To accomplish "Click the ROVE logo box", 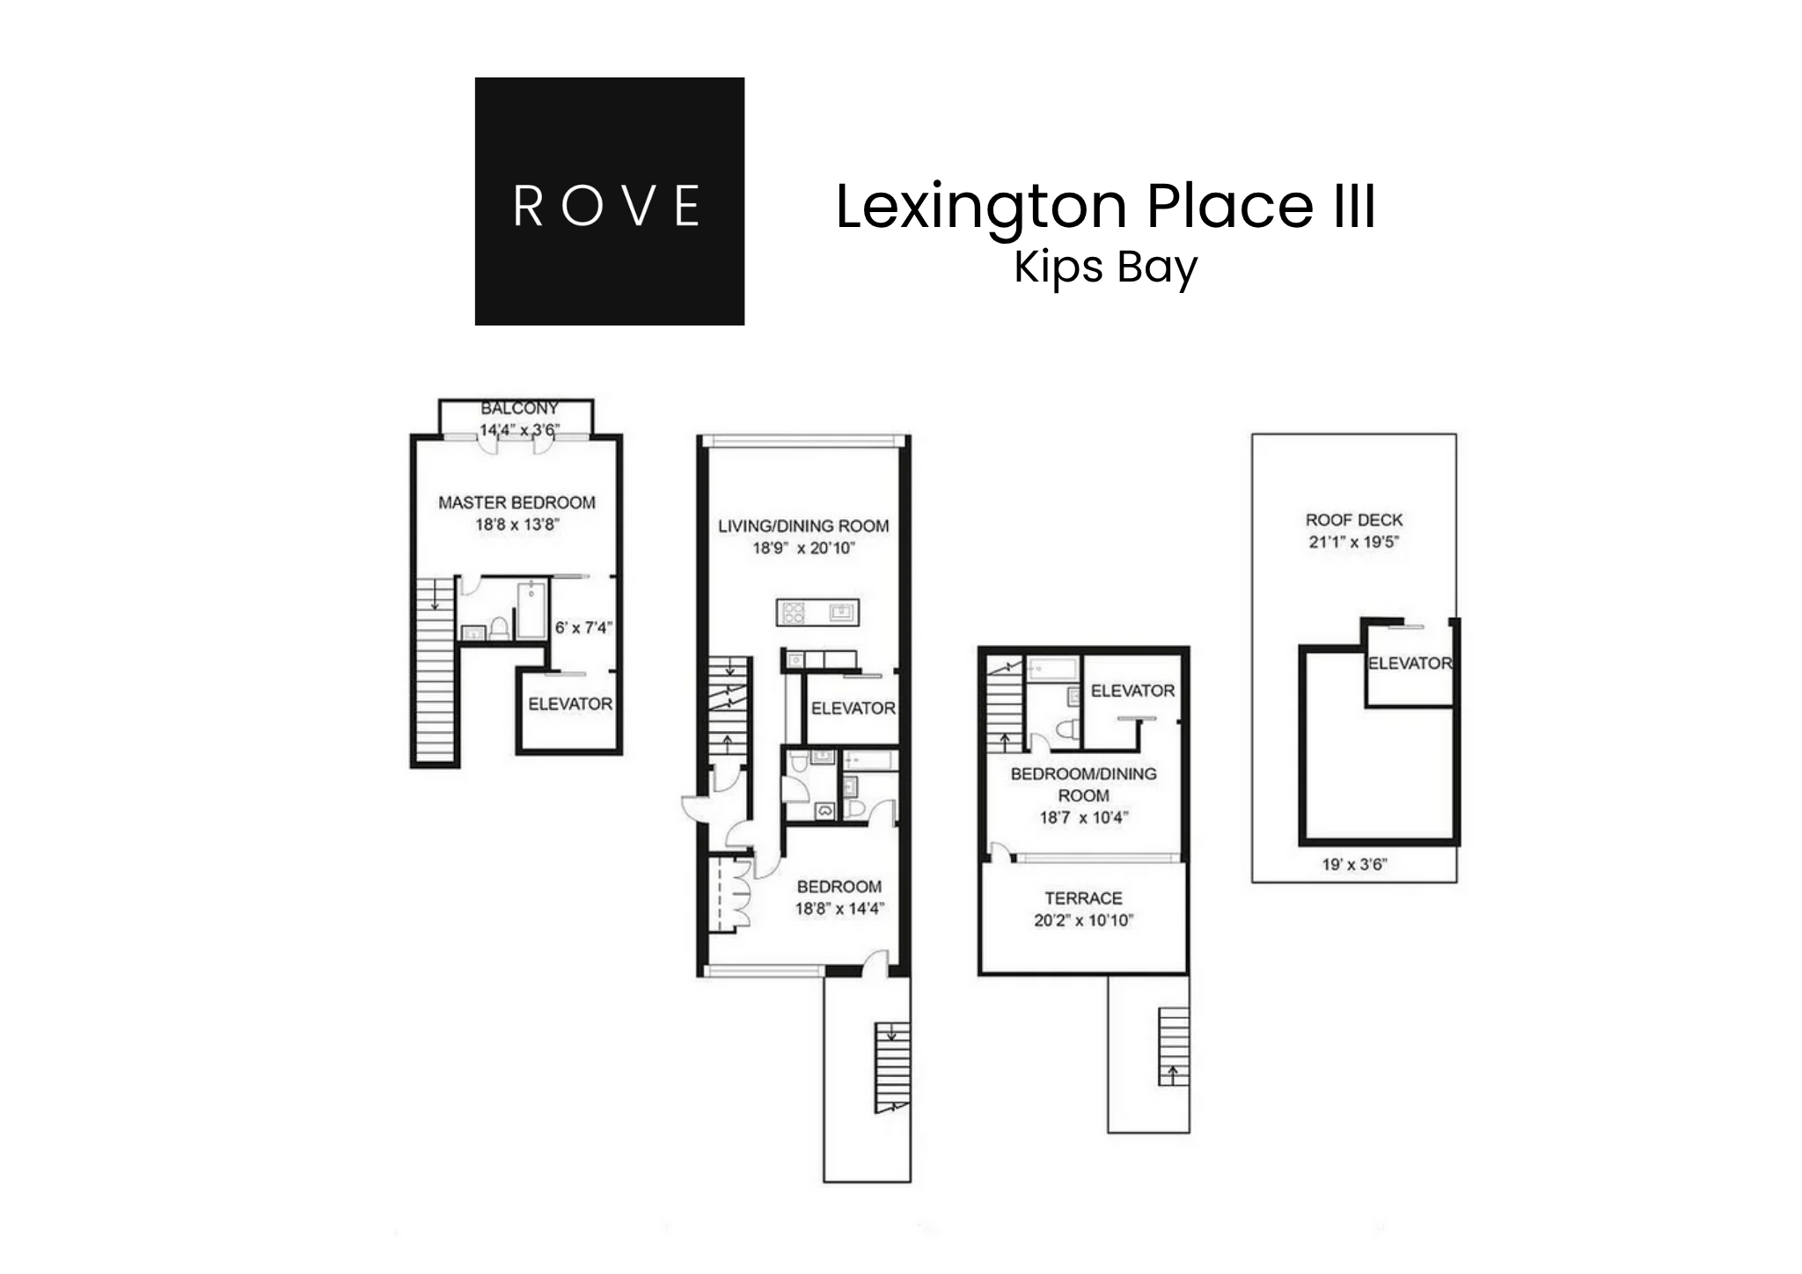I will click(x=609, y=201).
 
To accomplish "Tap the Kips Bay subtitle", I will click(x=1105, y=267).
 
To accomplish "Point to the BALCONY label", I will click(x=519, y=409).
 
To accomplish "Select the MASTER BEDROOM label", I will click(x=516, y=503).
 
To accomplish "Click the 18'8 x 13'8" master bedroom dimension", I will click(x=516, y=525).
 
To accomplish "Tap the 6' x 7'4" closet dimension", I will click(x=582, y=628).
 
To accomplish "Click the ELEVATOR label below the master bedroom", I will click(x=569, y=704).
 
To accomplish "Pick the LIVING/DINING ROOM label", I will click(x=803, y=526).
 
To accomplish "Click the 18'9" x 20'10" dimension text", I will click(x=803, y=548).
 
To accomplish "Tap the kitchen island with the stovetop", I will click(x=817, y=611).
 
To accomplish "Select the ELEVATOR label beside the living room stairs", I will click(x=853, y=708).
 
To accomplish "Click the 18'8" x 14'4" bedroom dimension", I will click(x=839, y=909).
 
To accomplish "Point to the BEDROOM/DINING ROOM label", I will click(x=1083, y=784).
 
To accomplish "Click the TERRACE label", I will click(x=1083, y=898).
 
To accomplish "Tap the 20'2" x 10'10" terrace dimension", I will click(x=1083, y=921).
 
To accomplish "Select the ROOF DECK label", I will click(x=1353, y=520).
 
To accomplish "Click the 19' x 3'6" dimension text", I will click(x=1353, y=865).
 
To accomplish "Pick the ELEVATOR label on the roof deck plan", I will click(x=1409, y=663).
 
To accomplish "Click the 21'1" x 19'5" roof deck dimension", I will click(x=1353, y=542).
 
